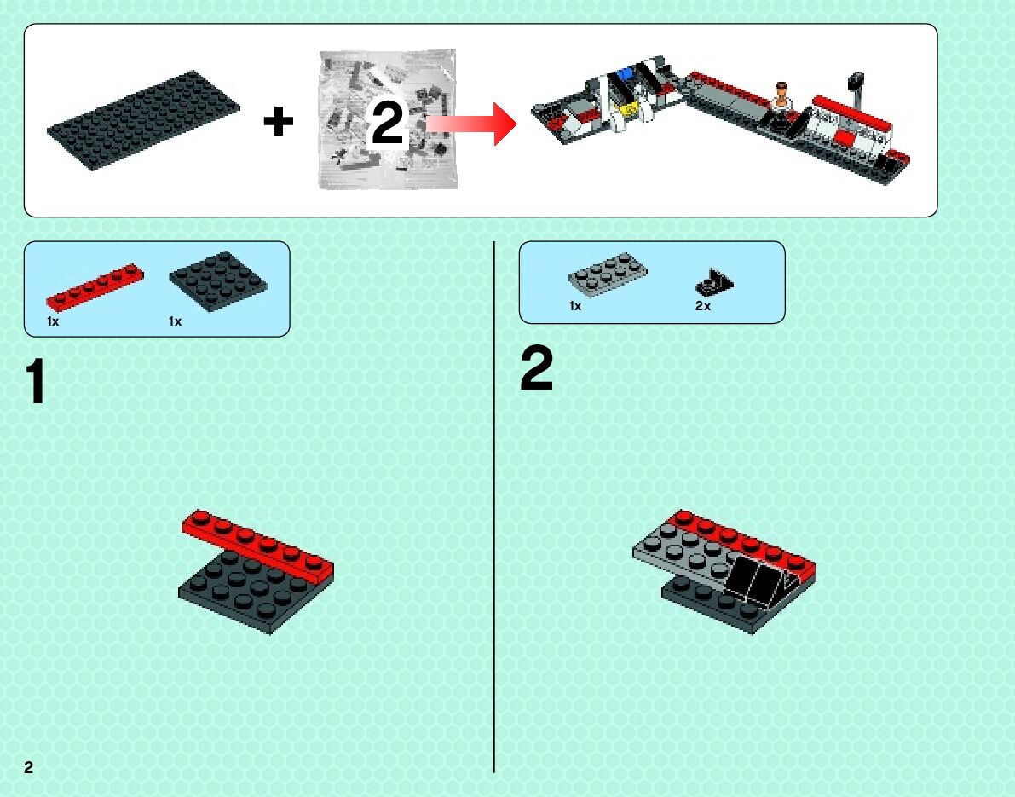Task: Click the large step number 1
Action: [x=34, y=382]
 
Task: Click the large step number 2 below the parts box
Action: [x=536, y=372]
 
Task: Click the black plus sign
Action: [x=278, y=123]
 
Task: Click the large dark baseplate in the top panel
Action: [x=143, y=118]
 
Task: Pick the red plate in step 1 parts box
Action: [x=95, y=286]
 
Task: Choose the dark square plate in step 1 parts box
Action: [x=218, y=280]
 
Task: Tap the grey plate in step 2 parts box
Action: [x=608, y=274]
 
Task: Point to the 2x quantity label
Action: [x=702, y=306]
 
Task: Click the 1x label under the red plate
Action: [x=53, y=321]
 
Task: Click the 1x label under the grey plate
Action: [x=575, y=306]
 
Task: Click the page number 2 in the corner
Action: [x=28, y=766]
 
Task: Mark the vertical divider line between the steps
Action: [x=494, y=511]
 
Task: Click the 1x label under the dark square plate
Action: [x=176, y=321]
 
